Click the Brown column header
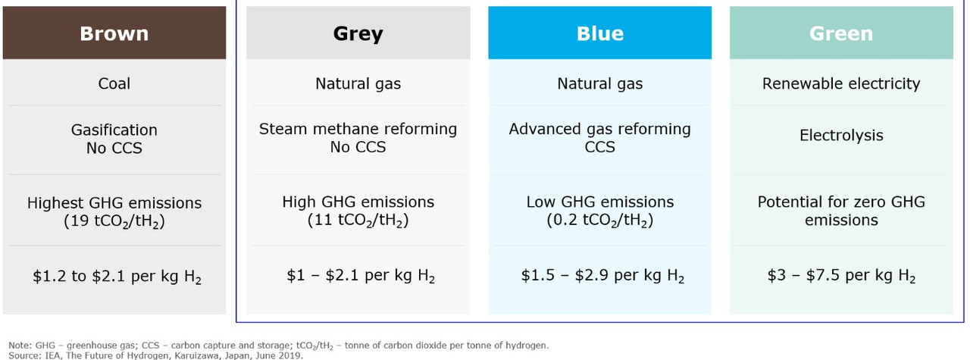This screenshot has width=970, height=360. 114,33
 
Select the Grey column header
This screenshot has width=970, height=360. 358,33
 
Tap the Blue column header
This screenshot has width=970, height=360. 599,33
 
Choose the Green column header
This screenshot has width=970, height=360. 841,33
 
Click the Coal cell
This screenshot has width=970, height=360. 114,83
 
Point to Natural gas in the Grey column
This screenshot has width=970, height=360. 358,83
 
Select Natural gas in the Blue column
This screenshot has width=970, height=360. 599,83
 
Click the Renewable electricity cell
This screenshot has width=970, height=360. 841,83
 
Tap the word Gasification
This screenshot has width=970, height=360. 114,130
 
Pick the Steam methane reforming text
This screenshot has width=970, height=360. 358,129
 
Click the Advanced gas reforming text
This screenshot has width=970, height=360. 599,129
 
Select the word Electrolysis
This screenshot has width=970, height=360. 841,135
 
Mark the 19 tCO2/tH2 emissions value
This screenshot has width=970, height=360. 114,221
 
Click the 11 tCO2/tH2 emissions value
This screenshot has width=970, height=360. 358,220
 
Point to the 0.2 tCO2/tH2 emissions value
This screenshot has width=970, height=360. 599,220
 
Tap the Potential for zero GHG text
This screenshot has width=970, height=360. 841,202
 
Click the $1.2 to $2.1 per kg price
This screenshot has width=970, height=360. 117,277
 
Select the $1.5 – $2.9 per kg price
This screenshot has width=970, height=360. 602,276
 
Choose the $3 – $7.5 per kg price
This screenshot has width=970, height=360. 841,276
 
